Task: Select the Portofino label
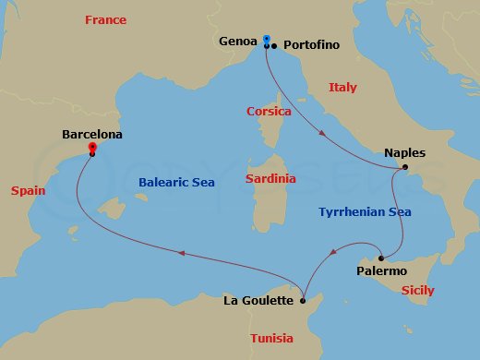tap(312, 44)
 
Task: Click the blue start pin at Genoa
tap(266, 40)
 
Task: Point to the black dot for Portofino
tap(274, 45)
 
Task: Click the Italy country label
tap(342, 88)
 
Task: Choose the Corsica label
tap(269, 112)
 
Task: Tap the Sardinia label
tap(270, 178)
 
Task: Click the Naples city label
tap(405, 153)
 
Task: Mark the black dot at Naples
tap(403, 167)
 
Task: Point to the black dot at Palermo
tap(380, 258)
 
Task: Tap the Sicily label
tap(417, 291)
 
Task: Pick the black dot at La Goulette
tap(302, 299)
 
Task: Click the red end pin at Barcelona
tap(91, 147)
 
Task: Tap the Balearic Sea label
tap(176, 183)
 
